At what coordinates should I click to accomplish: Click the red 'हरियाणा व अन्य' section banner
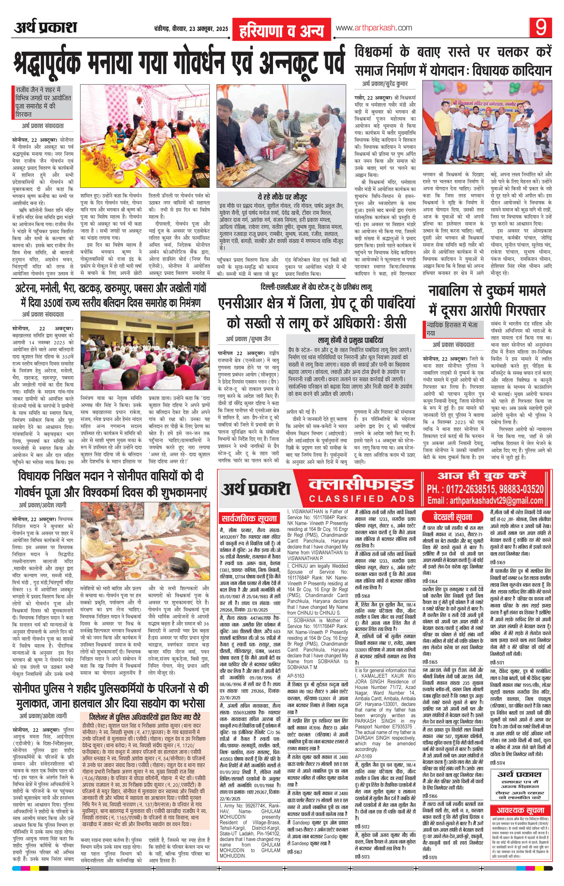[282, 30]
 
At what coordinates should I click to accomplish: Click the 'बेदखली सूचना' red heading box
[453, 516]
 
